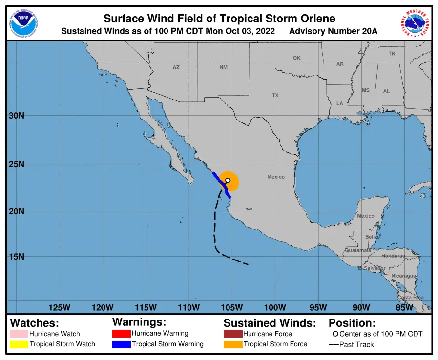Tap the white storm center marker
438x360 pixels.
(x=228, y=180)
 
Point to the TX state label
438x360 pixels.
(x=275, y=96)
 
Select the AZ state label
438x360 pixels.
(x=176, y=67)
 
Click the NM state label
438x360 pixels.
(x=223, y=67)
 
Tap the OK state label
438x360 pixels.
(x=296, y=58)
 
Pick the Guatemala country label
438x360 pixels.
(x=358, y=250)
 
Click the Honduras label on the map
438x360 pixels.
(x=393, y=256)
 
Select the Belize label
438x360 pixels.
(x=372, y=237)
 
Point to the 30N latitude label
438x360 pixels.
(x=17, y=116)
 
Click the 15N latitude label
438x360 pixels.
(x=17, y=257)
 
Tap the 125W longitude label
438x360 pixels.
(x=60, y=307)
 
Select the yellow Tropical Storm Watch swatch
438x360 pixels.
(x=19, y=344)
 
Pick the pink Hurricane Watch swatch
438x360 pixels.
(x=19, y=334)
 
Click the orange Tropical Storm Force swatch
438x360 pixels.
(x=233, y=344)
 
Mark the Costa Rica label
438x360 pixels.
(x=410, y=297)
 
